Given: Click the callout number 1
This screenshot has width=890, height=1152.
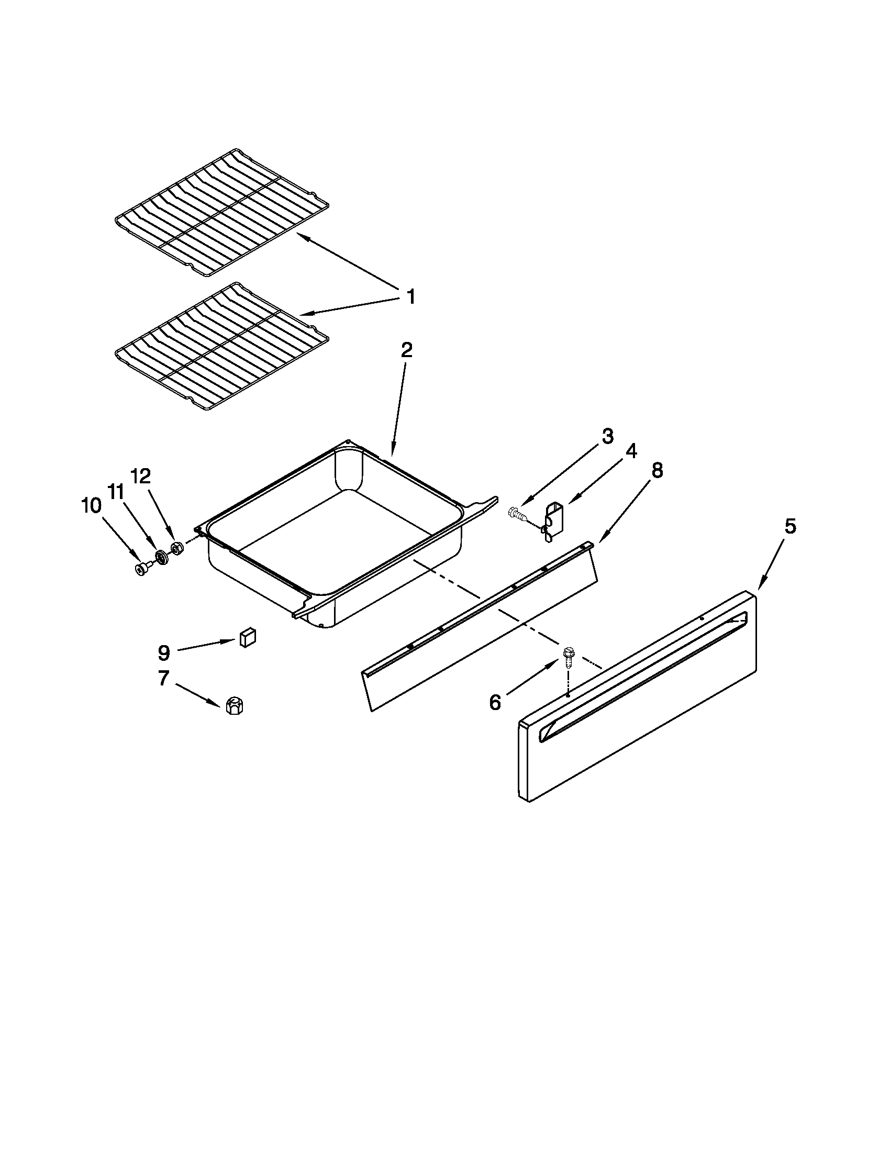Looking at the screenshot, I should [411, 297].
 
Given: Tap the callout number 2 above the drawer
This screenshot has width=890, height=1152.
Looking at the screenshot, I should [406, 350].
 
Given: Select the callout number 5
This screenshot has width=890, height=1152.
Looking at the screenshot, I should [789, 526].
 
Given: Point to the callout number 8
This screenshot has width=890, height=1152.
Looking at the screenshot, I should [657, 471].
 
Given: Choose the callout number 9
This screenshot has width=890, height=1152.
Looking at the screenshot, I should [164, 653].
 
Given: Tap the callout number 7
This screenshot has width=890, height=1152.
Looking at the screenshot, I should [163, 678].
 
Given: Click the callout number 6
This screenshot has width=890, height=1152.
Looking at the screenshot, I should [495, 702].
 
